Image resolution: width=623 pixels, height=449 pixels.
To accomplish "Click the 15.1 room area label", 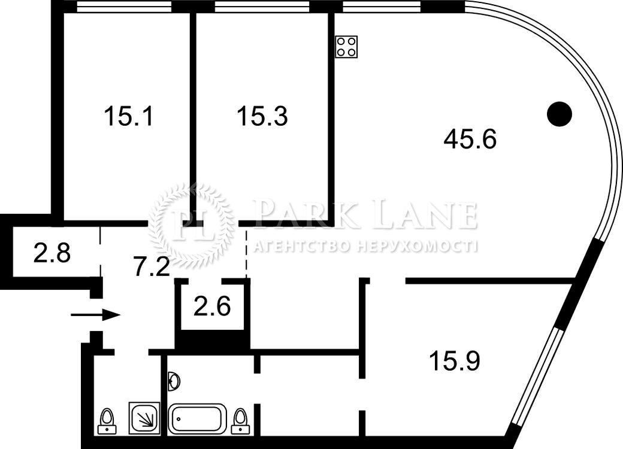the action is click(x=128, y=116).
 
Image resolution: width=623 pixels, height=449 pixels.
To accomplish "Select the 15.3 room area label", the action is click(x=262, y=116).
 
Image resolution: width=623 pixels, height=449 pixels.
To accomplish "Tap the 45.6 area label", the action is click(x=470, y=139).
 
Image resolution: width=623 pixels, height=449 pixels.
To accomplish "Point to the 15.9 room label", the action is click(x=455, y=360).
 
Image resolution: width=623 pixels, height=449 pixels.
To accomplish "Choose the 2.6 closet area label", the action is click(x=212, y=306).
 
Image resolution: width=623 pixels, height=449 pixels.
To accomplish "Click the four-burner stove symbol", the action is click(x=346, y=47).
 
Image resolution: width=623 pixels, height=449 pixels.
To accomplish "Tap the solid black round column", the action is click(x=559, y=114).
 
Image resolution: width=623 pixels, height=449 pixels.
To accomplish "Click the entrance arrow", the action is click(x=95, y=315).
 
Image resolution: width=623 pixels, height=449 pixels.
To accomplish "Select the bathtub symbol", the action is click(x=198, y=419).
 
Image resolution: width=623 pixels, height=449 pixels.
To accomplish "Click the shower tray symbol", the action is click(x=144, y=418).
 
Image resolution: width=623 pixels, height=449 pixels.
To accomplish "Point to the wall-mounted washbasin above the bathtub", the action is click(x=174, y=381).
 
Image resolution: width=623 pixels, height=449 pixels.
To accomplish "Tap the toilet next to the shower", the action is click(x=107, y=421).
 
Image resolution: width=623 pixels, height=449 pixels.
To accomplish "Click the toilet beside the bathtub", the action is click(x=240, y=421).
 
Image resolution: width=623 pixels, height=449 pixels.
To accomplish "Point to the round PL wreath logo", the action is click(x=192, y=225).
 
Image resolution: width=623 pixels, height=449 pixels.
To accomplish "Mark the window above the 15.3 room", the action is click(x=262, y=7).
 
